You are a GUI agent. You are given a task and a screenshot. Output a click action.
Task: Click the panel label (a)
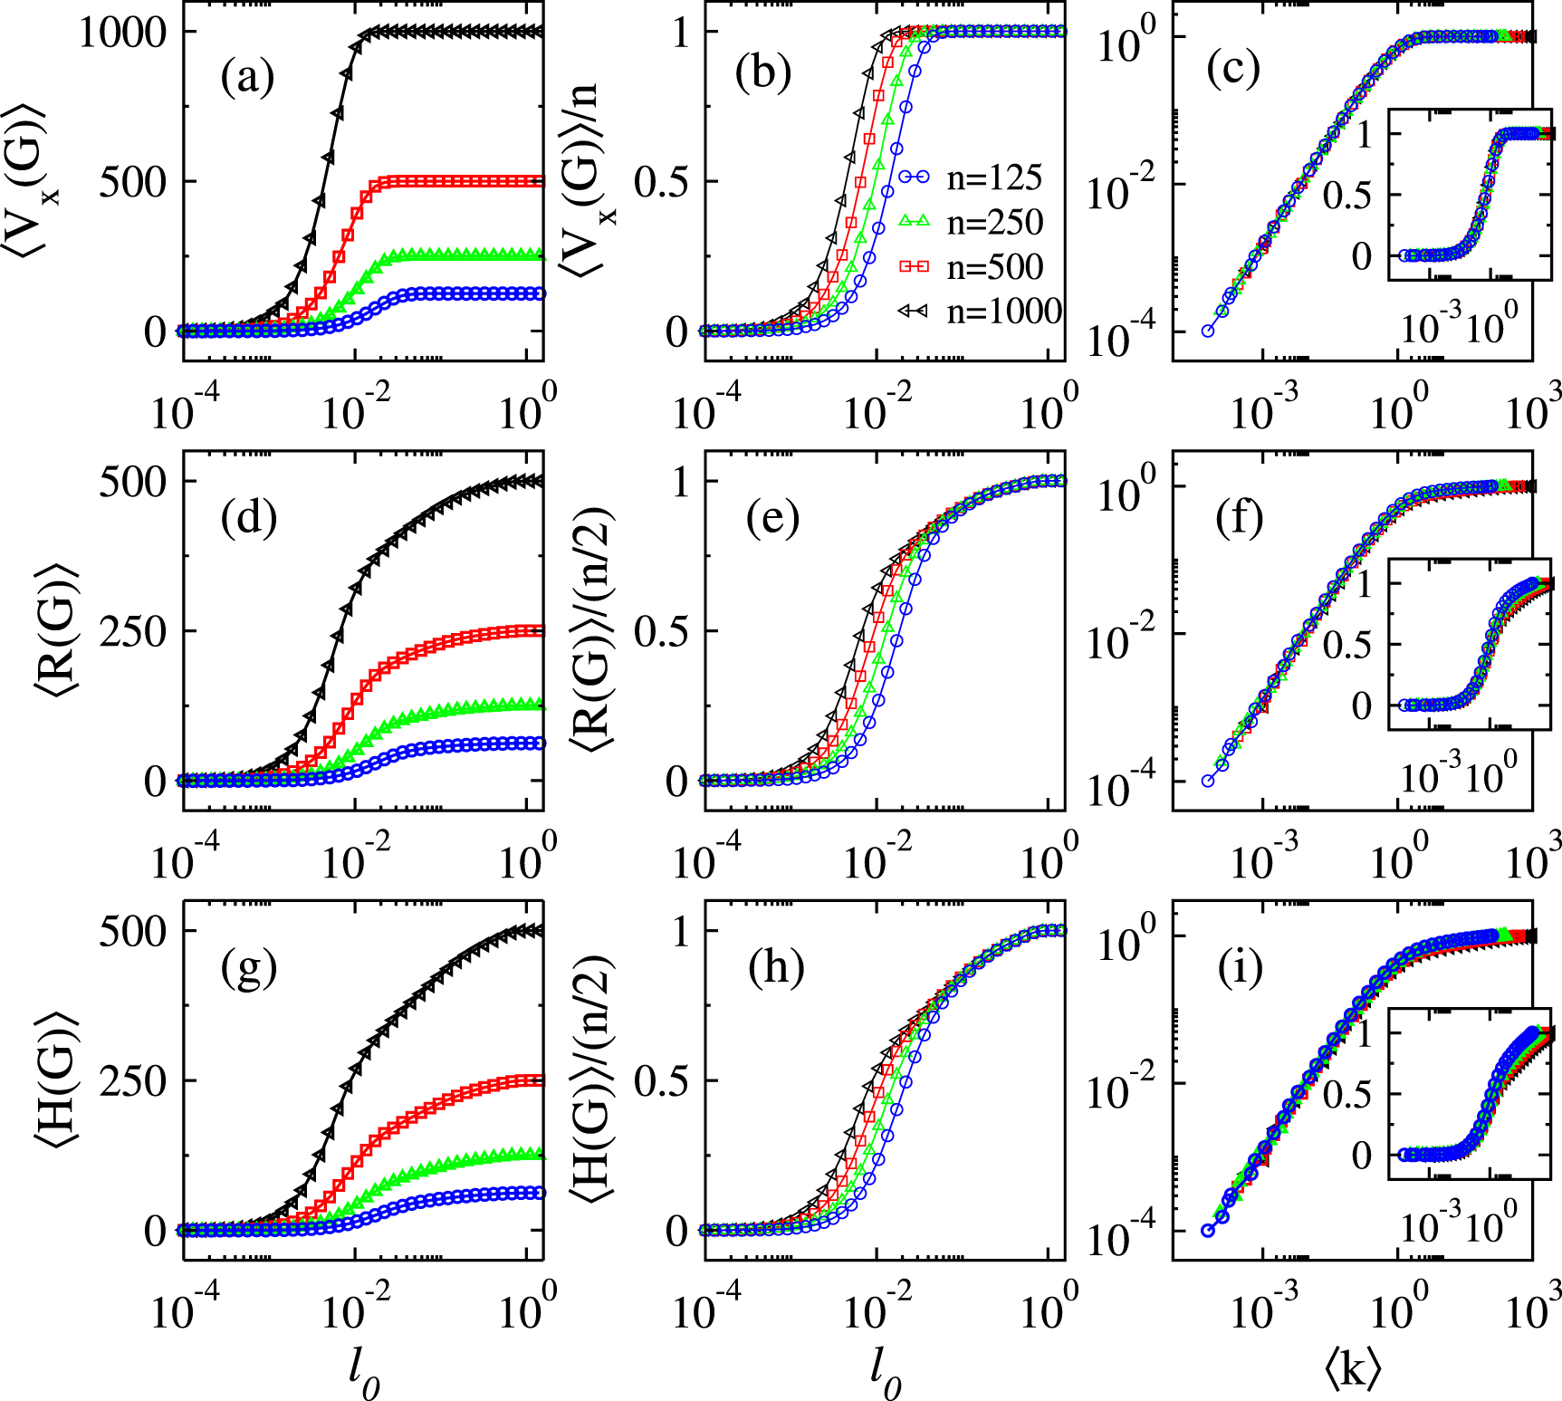[247, 76]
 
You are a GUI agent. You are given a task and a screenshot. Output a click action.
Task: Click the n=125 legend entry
[971, 178]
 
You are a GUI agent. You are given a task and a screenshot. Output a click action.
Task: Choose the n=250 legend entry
[971, 222]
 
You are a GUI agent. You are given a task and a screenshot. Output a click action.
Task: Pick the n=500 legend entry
[971, 266]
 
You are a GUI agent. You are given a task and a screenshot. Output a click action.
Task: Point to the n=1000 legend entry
[978, 311]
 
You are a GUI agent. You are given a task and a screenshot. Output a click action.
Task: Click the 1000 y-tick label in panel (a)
[123, 33]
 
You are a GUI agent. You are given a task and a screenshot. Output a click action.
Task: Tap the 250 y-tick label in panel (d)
[133, 631]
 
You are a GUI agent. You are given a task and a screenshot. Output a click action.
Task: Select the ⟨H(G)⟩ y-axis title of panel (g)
[56, 1080]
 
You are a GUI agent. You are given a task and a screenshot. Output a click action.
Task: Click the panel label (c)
[1233, 71]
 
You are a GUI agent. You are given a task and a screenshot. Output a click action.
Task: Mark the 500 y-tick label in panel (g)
[133, 931]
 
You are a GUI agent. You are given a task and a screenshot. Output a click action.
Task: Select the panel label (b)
[763, 72]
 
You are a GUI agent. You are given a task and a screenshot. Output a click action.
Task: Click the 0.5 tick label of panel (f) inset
[1347, 645]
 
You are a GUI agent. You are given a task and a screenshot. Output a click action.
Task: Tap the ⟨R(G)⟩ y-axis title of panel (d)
[56, 630]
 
